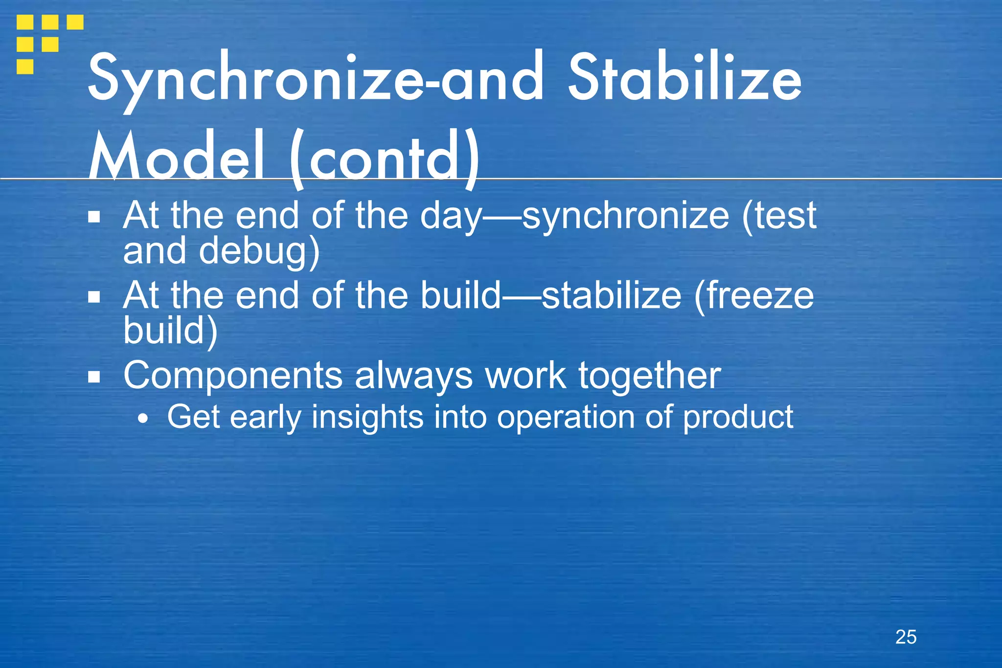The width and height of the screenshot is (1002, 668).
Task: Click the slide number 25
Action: click(906, 637)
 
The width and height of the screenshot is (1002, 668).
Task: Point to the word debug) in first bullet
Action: click(259, 251)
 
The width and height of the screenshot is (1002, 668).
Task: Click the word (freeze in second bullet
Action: click(754, 296)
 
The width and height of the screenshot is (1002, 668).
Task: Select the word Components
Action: click(232, 376)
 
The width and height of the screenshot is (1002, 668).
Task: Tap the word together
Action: click(650, 376)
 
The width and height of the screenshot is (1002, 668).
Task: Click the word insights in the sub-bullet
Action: click(367, 417)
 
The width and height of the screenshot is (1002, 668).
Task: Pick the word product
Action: click(738, 417)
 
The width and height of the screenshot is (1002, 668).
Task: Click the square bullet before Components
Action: click(94, 377)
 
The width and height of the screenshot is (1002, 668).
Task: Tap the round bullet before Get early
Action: click(142, 419)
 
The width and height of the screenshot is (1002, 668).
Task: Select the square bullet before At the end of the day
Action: click(94, 216)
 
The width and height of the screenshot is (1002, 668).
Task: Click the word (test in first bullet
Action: click(779, 216)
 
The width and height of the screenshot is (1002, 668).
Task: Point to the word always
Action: click(413, 376)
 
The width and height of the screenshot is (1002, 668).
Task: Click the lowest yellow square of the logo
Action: click(25, 67)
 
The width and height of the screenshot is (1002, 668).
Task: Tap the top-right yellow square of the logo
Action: click(75, 22)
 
